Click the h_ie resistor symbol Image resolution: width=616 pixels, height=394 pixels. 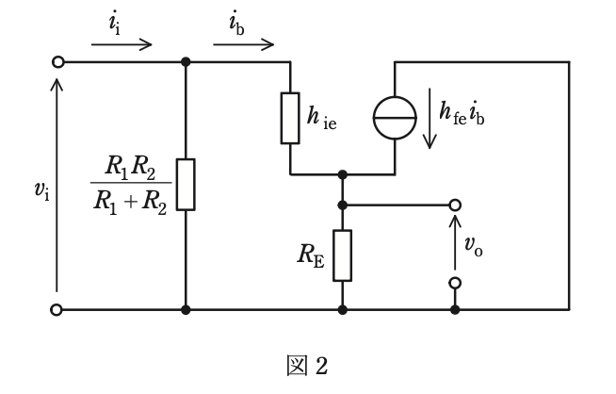pyautogui.click(x=290, y=118)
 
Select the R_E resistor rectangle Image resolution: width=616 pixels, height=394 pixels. pyautogui.click(x=343, y=255)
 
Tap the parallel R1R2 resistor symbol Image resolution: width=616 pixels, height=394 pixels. pyautogui.click(x=186, y=185)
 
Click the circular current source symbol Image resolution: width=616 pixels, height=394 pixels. pyautogui.click(x=395, y=118)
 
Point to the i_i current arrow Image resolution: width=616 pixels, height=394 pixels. pyautogui.click(x=122, y=44)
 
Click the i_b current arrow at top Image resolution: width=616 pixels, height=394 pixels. pyautogui.click(x=244, y=44)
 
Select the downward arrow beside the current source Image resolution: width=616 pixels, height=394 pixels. pyautogui.click(x=430, y=119)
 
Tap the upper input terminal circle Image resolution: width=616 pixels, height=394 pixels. pyautogui.click(x=58, y=62)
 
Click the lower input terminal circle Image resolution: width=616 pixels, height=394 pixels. pyautogui.click(x=57, y=310)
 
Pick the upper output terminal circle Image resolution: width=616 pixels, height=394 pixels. pyautogui.click(x=455, y=205)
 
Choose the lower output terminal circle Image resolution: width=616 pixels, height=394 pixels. pyautogui.click(x=455, y=283)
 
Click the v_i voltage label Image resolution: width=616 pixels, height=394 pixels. pyautogui.click(x=42, y=190)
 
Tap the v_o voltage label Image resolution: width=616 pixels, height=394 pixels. pyautogui.click(x=474, y=246)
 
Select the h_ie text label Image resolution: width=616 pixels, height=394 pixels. pyautogui.click(x=322, y=118)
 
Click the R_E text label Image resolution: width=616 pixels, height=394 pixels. pyautogui.click(x=311, y=255)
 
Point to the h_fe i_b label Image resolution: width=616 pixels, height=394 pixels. pyautogui.click(x=462, y=112)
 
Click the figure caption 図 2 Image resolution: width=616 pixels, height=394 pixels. pyautogui.click(x=307, y=366)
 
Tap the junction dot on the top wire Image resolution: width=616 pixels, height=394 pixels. pyautogui.click(x=186, y=62)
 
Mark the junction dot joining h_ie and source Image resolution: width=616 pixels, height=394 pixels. pyautogui.click(x=343, y=174)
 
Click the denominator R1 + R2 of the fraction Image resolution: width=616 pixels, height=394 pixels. pyautogui.click(x=130, y=202)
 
